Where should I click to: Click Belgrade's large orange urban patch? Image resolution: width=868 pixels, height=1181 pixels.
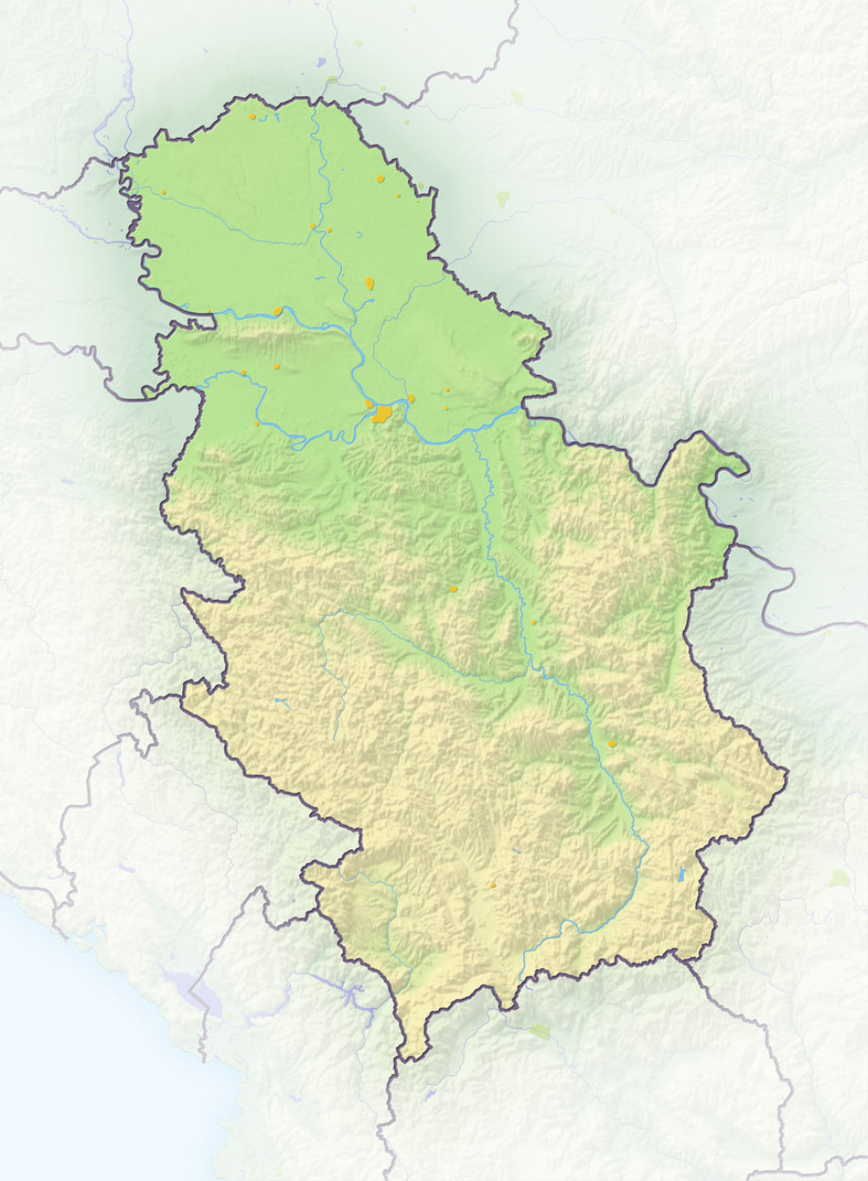click(380, 413)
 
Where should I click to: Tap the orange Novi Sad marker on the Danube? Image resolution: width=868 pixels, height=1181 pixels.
click(278, 310)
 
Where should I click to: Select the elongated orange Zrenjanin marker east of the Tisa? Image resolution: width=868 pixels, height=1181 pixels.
click(371, 283)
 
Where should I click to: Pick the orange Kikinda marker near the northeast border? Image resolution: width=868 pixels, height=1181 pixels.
click(380, 179)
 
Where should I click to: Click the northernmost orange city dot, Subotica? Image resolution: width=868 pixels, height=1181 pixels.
click(253, 115)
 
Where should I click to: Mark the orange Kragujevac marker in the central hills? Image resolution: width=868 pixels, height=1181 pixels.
click(453, 589)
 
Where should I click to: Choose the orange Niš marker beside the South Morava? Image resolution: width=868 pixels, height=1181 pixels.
click(612, 744)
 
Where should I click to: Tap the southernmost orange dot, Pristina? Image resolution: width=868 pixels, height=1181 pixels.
click(493, 886)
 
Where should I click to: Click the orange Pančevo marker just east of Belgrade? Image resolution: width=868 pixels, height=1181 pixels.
click(411, 399)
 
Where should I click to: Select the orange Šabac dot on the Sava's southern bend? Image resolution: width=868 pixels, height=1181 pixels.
click(257, 424)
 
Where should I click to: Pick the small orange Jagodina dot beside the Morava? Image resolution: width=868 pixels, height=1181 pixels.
click(533, 623)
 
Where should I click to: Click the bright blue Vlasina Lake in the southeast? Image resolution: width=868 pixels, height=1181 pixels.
click(682, 875)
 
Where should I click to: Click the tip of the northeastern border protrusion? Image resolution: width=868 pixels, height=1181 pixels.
click(746, 474)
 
